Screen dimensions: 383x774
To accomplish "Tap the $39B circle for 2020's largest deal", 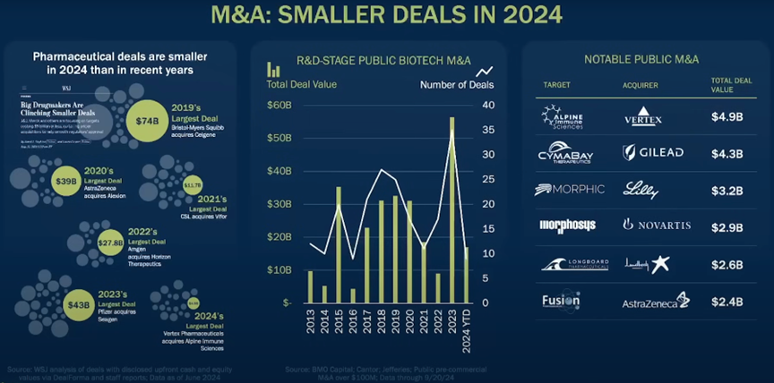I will [65, 181].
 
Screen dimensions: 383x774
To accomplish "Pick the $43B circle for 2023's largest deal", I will [77, 304].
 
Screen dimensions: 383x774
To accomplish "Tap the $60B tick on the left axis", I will [279, 105].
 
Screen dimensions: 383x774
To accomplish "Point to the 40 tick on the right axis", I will [487, 105].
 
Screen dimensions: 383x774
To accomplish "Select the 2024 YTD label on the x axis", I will [466, 328].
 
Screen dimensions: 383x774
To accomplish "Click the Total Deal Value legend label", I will [302, 85].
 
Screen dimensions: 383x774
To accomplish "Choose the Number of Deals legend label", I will [456, 85].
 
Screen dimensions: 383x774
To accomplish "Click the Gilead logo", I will [652, 152].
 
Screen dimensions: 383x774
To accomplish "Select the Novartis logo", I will [656, 226].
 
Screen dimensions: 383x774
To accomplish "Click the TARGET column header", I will [554, 85].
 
